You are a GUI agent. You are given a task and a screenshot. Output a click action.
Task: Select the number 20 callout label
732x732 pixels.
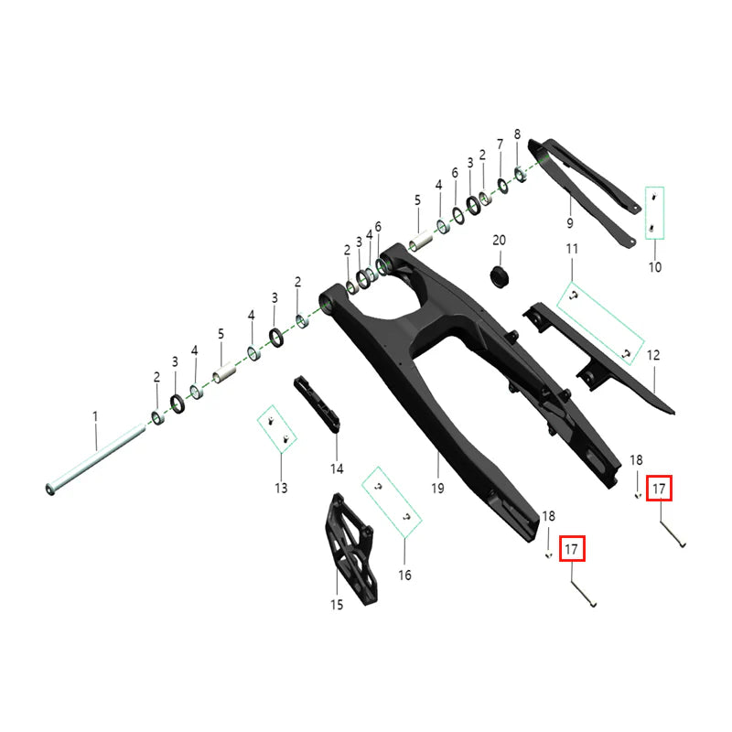point(499,240)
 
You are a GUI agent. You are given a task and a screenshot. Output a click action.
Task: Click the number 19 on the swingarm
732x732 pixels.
point(437,490)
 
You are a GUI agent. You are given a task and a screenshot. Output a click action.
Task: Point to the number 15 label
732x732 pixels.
point(336,604)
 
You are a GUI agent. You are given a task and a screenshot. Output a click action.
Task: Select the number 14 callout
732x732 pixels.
point(337,468)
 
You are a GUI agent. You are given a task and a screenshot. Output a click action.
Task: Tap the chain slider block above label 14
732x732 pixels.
point(317,404)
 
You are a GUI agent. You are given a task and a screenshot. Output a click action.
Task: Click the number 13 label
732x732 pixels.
point(280,488)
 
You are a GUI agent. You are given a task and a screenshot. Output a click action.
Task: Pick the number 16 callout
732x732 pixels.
point(404,576)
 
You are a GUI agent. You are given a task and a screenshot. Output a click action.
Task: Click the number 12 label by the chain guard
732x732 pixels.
point(653,354)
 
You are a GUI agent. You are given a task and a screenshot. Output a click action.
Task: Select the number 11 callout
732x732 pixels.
point(572,249)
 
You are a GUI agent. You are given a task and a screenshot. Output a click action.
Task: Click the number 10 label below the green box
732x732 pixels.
point(654,267)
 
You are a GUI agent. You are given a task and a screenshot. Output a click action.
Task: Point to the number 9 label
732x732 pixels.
point(569,223)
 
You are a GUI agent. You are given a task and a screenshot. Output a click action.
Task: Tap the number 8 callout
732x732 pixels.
point(517,134)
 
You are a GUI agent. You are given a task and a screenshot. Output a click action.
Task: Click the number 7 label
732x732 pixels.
point(500,145)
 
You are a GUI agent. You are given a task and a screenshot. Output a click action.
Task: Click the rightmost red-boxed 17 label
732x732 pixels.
point(660,490)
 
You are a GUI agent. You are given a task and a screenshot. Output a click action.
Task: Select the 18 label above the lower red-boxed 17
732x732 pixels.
point(548,517)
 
